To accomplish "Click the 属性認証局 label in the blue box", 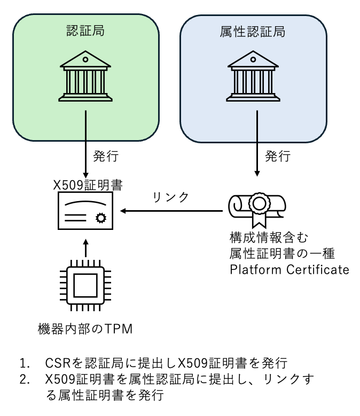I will click(253, 31).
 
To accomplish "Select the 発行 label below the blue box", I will click(278, 157).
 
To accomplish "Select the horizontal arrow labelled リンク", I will click(171, 211).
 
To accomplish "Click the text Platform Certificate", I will click(289, 269).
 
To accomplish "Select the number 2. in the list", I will click(25, 380).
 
